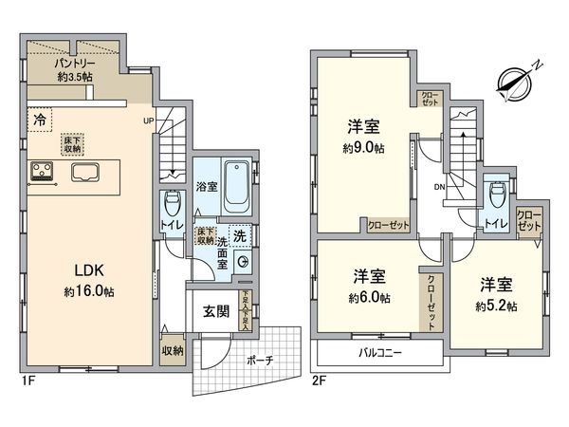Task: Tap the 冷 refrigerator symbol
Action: click(x=40, y=121)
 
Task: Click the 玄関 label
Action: click(x=215, y=311)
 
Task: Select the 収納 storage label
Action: click(x=172, y=349)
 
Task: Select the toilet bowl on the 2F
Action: click(x=493, y=192)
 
